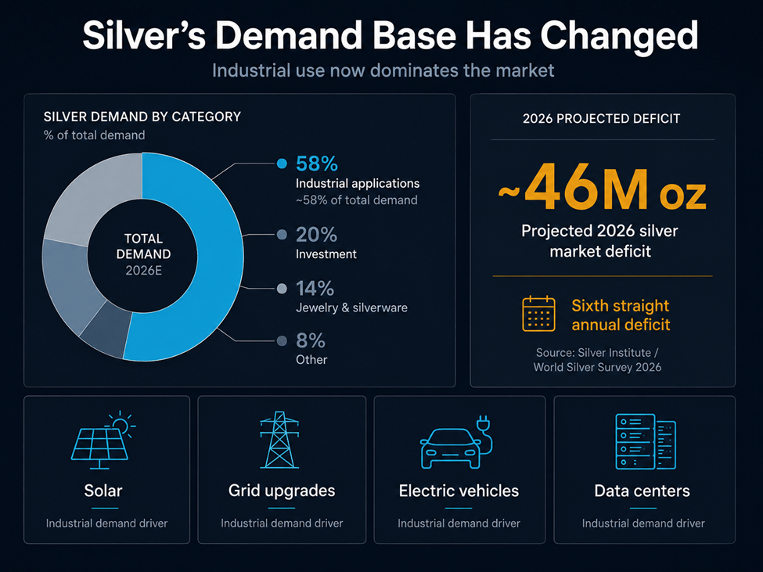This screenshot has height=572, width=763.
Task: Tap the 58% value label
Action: click(317, 164)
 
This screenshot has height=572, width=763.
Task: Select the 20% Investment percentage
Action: click(316, 235)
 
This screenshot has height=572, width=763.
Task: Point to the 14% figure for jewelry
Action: click(315, 289)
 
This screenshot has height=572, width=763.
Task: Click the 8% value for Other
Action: click(311, 340)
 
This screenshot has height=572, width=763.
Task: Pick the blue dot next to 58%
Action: click(282, 164)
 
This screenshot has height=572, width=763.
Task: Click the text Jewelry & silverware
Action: click(351, 308)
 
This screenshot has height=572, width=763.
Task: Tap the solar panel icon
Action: click(103, 441)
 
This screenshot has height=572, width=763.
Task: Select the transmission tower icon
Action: click(279, 440)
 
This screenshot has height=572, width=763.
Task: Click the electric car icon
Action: click(456, 442)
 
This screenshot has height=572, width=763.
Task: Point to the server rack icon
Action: click(646, 441)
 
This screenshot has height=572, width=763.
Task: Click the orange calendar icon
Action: click(538, 314)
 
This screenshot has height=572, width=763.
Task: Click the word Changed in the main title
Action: click(619, 35)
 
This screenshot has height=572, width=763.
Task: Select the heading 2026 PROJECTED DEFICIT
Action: click(602, 119)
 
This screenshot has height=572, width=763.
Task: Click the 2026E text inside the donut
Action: click(143, 271)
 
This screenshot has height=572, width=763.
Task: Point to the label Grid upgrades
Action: click(282, 491)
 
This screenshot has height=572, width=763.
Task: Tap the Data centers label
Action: click(642, 491)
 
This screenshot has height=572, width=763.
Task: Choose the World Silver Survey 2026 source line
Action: click(598, 367)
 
